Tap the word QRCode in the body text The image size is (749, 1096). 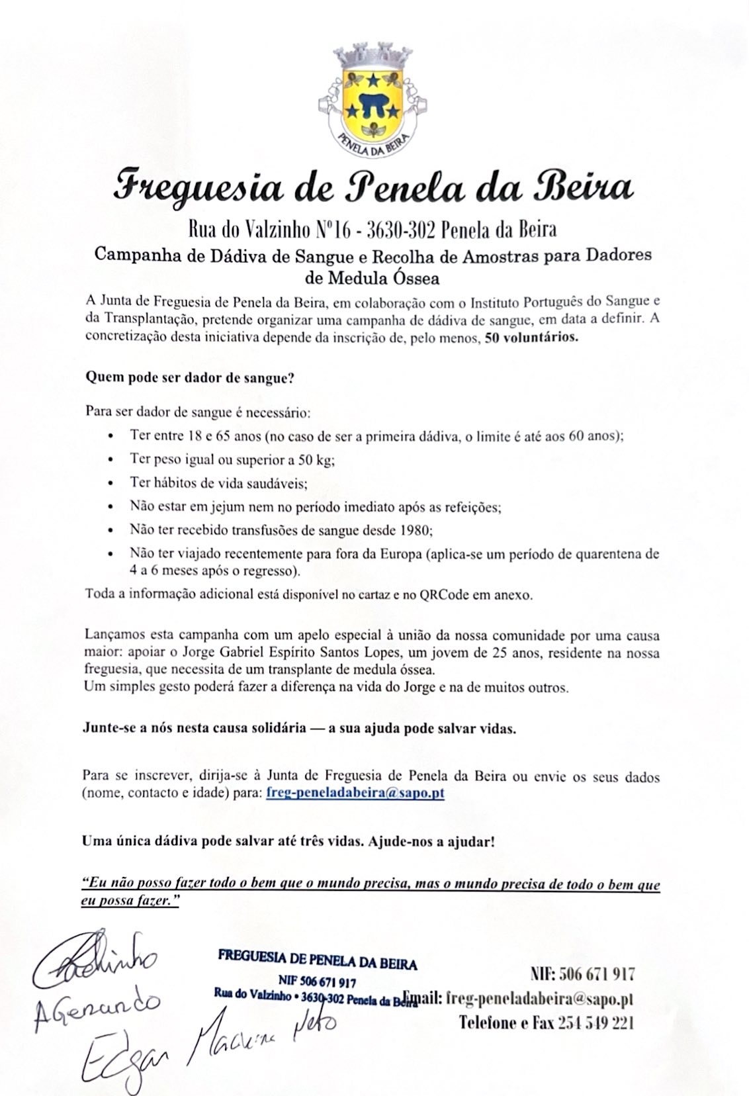[x=444, y=594]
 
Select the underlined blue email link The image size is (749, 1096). [x=355, y=792]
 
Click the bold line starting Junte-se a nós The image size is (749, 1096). [x=299, y=729]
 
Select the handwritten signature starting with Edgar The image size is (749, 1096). [x=205, y=1036]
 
